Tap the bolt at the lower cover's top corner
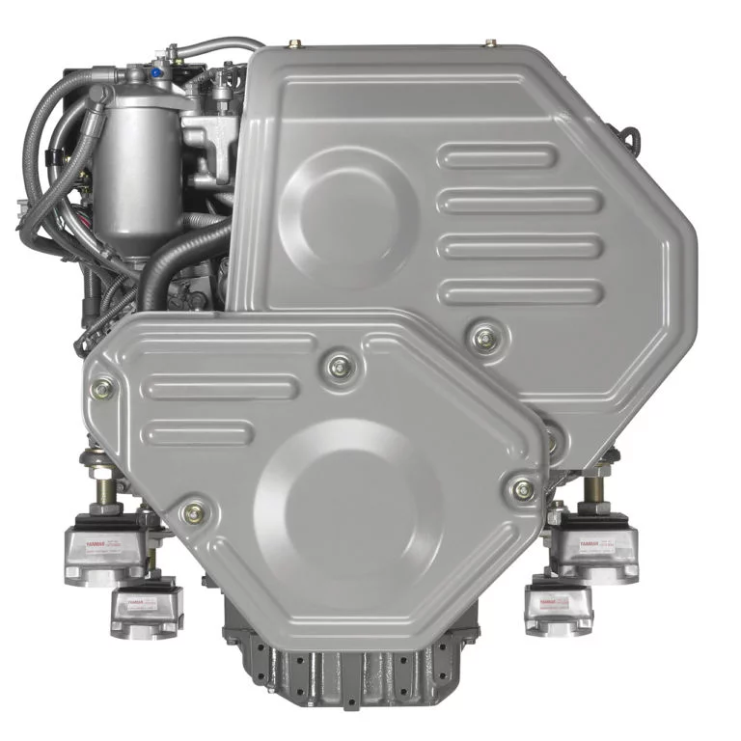coord(339,366)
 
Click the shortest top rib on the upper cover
coord(498,155)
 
